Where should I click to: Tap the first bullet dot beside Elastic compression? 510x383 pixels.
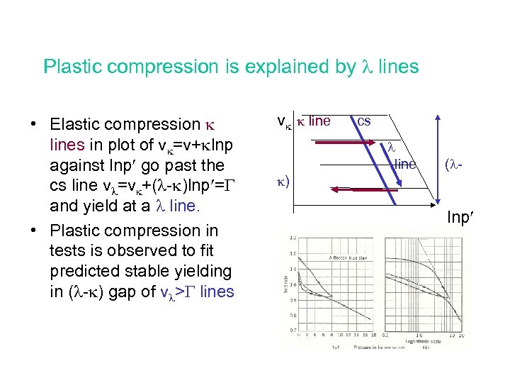(x=34, y=125)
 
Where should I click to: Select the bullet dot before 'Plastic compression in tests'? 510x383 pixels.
(x=34, y=231)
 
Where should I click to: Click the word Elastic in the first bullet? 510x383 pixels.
(x=76, y=124)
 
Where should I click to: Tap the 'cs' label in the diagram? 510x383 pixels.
(x=363, y=121)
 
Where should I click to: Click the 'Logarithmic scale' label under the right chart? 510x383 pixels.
(x=420, y=340)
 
